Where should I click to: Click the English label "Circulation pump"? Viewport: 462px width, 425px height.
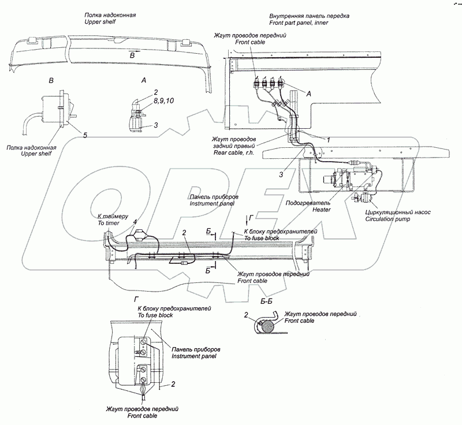[x=388, y=219]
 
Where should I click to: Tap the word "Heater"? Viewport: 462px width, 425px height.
[x=322, y=210]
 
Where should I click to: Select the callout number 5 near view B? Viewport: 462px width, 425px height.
[x=85, y=135]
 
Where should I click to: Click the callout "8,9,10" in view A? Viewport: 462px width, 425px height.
[x=163, y=100]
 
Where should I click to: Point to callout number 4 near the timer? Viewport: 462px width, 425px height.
[x=135, y=222]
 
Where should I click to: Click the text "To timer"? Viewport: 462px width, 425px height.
[x=109, y=223]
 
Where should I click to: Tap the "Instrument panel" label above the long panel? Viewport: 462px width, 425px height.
[x=212, y=203]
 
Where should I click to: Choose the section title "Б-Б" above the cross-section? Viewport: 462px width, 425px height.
[x=266, y=301]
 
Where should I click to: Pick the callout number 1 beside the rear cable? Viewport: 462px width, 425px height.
[x=328, y=140]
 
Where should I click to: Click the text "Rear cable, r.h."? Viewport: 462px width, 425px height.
[x=234, y=153]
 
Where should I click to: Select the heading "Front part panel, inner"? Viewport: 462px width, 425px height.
[x=299, y=23]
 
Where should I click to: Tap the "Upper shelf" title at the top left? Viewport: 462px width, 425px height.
[x=100, y=22]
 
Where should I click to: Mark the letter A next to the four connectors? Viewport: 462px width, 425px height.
[x=309, y=94]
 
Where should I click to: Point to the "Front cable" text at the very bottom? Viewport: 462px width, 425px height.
[x=142, y=416]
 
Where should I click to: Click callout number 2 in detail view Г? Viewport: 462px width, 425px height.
[x=173, y=384]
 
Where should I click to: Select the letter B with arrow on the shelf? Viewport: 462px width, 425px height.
[x=133, y=54]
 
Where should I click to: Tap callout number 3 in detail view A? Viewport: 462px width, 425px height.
[x=156, y=125]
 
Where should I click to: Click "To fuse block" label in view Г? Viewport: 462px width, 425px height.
[x=155, y=315]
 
